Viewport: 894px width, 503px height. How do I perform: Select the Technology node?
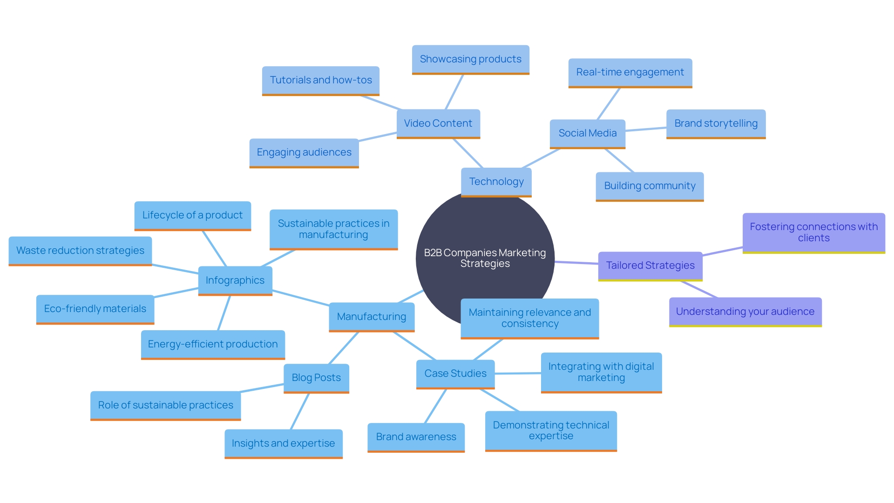click(496, 182)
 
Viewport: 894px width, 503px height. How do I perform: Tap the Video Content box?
click(438, 123)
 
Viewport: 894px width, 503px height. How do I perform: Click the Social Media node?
click(587, 133)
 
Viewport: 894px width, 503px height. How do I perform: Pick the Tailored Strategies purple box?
click(650, 265)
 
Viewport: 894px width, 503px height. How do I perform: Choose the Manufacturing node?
click(371, 317)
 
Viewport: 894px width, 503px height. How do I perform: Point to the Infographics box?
click(235, 280)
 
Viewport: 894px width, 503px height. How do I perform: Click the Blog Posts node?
click(316, 378)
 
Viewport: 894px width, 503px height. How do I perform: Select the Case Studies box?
click(455, 374)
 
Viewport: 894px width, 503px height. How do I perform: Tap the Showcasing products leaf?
click(470, 59)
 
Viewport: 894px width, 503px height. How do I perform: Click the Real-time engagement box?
click(630, 72)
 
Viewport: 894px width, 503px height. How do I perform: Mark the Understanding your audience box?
click(745, 312)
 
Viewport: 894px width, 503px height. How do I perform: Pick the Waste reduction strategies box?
click(80, 251)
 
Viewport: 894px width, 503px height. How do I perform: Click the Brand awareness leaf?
click(416, 437)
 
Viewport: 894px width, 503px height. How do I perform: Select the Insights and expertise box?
click(283, 443)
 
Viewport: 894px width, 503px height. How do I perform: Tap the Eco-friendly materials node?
click(95, 309)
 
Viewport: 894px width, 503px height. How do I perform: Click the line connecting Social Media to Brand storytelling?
click(646, 129)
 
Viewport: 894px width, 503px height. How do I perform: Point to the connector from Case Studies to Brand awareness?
click(435, 406)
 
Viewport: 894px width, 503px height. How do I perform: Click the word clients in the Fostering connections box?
click(813, 238)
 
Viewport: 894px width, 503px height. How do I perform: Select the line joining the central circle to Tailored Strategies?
click(576, 263)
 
